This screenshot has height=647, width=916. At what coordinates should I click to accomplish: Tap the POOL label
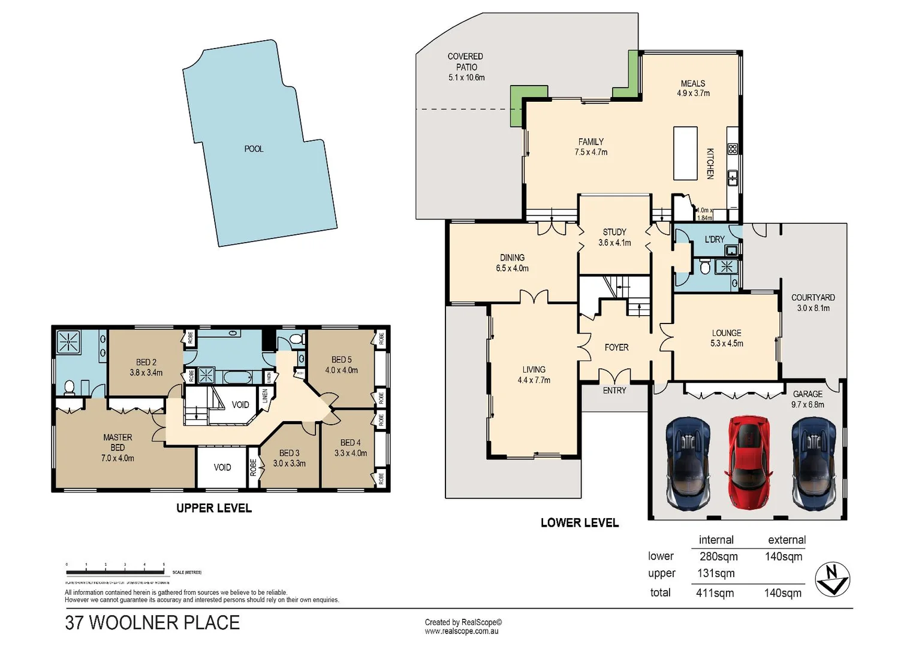[x=254, y=149]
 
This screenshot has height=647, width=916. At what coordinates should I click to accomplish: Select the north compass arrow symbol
[x=833, y=579]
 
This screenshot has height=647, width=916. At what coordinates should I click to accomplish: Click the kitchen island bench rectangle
[x=685, y=153]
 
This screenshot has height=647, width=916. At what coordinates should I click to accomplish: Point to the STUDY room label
[x=614, y=232]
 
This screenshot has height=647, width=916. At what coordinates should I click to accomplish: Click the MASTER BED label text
[x=117, y=442]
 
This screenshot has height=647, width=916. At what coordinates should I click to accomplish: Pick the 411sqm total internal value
[x=715, y=593]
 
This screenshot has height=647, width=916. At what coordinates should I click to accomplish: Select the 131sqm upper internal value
[x=715, y=573]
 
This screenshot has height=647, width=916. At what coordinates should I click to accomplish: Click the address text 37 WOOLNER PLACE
[x=152, y=622]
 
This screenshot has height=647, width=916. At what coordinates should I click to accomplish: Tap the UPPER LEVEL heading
[x=214, y=508]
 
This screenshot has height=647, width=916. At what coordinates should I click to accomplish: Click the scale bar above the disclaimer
[x=116, y=565]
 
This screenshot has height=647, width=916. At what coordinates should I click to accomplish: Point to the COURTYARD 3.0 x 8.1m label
[x=813, y=303]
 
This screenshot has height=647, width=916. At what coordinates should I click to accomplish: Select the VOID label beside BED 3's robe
[x=222, y=467]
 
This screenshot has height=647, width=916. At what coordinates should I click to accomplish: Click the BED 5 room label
[x=342, y=359]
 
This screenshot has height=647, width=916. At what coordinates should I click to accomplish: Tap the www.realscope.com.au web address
[x=462, y=631]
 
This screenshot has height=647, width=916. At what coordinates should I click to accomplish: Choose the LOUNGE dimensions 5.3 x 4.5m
[x=727, y=343]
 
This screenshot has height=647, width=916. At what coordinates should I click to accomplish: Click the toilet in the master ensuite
[x=70, y=388]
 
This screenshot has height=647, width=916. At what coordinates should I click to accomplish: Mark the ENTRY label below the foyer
[x=614, y=391]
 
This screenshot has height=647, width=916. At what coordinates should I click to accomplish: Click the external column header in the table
[x=787, y=540]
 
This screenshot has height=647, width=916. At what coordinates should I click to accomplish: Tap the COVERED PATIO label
[x=466, y=62]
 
